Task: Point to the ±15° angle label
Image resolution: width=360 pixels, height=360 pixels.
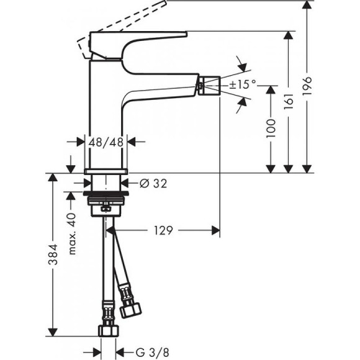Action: point(242,84)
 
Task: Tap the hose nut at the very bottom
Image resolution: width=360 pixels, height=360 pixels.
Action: point(106,330)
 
